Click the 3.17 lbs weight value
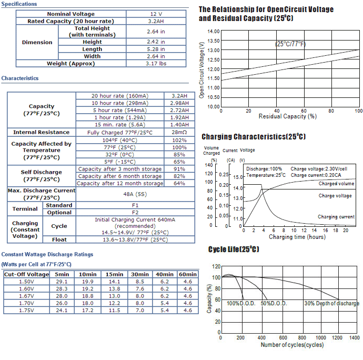pyautogui.click(x=156, y=64)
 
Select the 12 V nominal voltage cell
pyautogui.click(x=156, y=14)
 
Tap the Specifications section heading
pyautogui.click(x=19, y=4)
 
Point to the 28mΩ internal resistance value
pyautogui.click(x=179, y=132)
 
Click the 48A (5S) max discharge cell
pyautogui.click(x=135, y=194)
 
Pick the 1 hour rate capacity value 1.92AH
pyautogui.click(x=179, y=117)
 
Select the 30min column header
pyautogui.click(x=140, y=274)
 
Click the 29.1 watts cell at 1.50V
pyautogui.click(x=62, y=282)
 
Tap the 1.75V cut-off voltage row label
pyautogui.click(x=26, y=310)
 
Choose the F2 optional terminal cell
pyautogui.click(x=135, y=213)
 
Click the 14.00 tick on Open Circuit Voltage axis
pyautogui.click(x=214, y=31)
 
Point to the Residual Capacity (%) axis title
pyautogui.click(x=288, y=116)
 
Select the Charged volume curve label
pyautogui.click(x=336, y=184)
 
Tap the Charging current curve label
pyautogui.click(x=336, y=217)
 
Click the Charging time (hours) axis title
pyautogui.click(x=297, y=237)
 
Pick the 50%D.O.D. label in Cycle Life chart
pyautogui.click(x=274, y=303)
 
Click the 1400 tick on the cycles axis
pyautogui.click(x=355, y=338)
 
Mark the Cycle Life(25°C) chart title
pyautogui.click(x=234, y=249)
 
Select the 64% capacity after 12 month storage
pyautogui.click(x=179, y=183)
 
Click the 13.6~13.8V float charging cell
pyautogui.click(x=135, y=239)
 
